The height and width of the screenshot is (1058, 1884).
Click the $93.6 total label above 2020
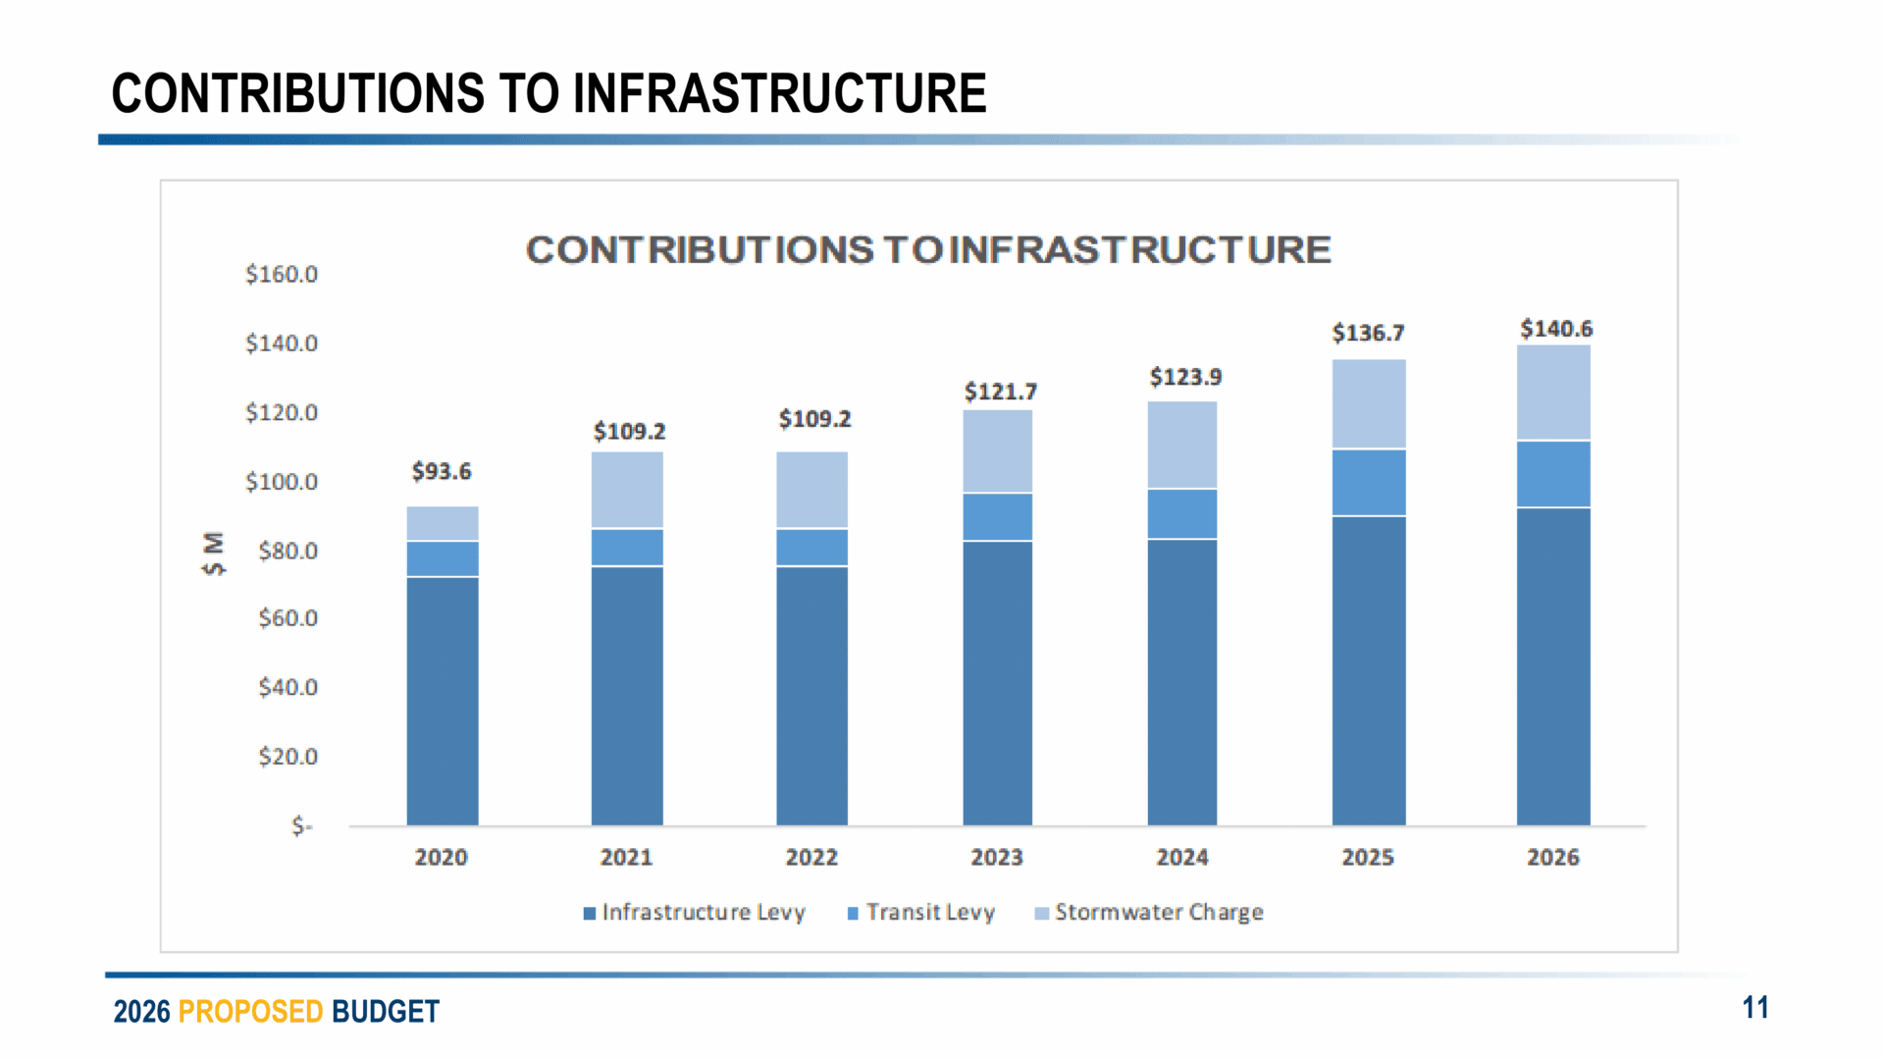(x=442, y=472)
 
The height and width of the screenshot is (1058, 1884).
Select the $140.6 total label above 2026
(x=1556, y=329)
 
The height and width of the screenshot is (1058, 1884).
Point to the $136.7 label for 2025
(x=1368, y=334)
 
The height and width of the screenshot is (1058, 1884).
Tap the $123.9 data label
(x=1185, y=377)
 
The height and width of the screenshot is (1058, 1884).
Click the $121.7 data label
(x=1000, y=393)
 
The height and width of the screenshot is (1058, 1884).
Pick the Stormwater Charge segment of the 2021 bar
(x=627, y=490)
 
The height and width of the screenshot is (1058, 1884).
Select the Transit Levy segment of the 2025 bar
(x=1369, y=482)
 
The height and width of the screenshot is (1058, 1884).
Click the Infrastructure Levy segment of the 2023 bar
(x=997, y=682)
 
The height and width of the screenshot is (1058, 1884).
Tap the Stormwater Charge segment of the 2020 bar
(x=443, y=523)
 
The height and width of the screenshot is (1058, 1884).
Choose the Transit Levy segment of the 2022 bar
(x=811, y=548)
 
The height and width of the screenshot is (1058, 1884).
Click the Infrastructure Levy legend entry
(x=695, y=913)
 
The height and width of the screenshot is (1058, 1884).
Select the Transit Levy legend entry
(x=921, y=913)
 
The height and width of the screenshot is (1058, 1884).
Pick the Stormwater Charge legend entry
(x=1150, y=913)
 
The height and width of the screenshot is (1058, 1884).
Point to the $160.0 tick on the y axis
(x=282, y=275)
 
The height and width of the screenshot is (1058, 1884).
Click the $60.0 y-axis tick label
(x=288, y=618)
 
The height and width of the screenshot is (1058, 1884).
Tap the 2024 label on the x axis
(x=1181, y=858)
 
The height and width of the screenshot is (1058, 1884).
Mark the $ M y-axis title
(x=213, y=554)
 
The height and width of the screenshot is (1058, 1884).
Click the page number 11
(x=1755, y=1008)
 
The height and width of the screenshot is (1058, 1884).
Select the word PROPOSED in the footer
(x=250, y=1012)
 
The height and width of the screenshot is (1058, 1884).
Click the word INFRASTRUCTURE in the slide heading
(x=779, y=94)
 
